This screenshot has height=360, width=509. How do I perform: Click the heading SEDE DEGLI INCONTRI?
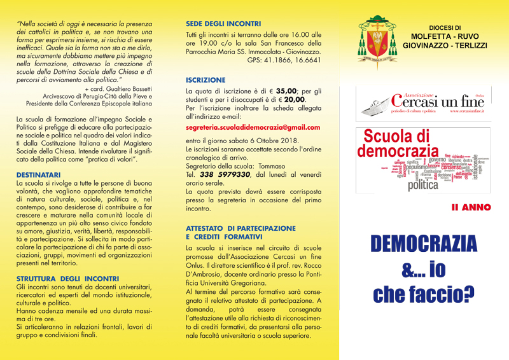coord(223,23)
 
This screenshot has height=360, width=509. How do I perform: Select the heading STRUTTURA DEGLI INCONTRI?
coord(67,278)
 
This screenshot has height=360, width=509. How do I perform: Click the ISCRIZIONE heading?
coord(205,80)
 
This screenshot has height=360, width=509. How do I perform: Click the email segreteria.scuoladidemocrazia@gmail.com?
coord(253,128)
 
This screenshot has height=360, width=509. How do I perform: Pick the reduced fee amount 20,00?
coord(293,99)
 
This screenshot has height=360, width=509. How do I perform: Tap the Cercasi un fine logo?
coord(421,101)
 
